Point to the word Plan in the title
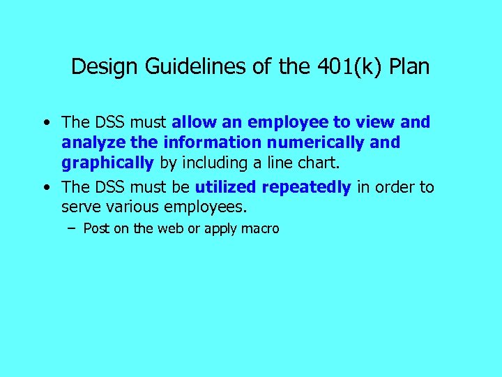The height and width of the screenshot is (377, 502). [x=409, y=67]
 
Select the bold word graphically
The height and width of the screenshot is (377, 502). [x=107, y=163]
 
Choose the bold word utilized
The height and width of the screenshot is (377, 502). [x=226, y=187]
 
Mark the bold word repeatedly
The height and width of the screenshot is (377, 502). [x=307, y=187]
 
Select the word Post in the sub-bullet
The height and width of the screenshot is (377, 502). [x=96, y=228]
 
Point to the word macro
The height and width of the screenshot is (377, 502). [x=259, y=228]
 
